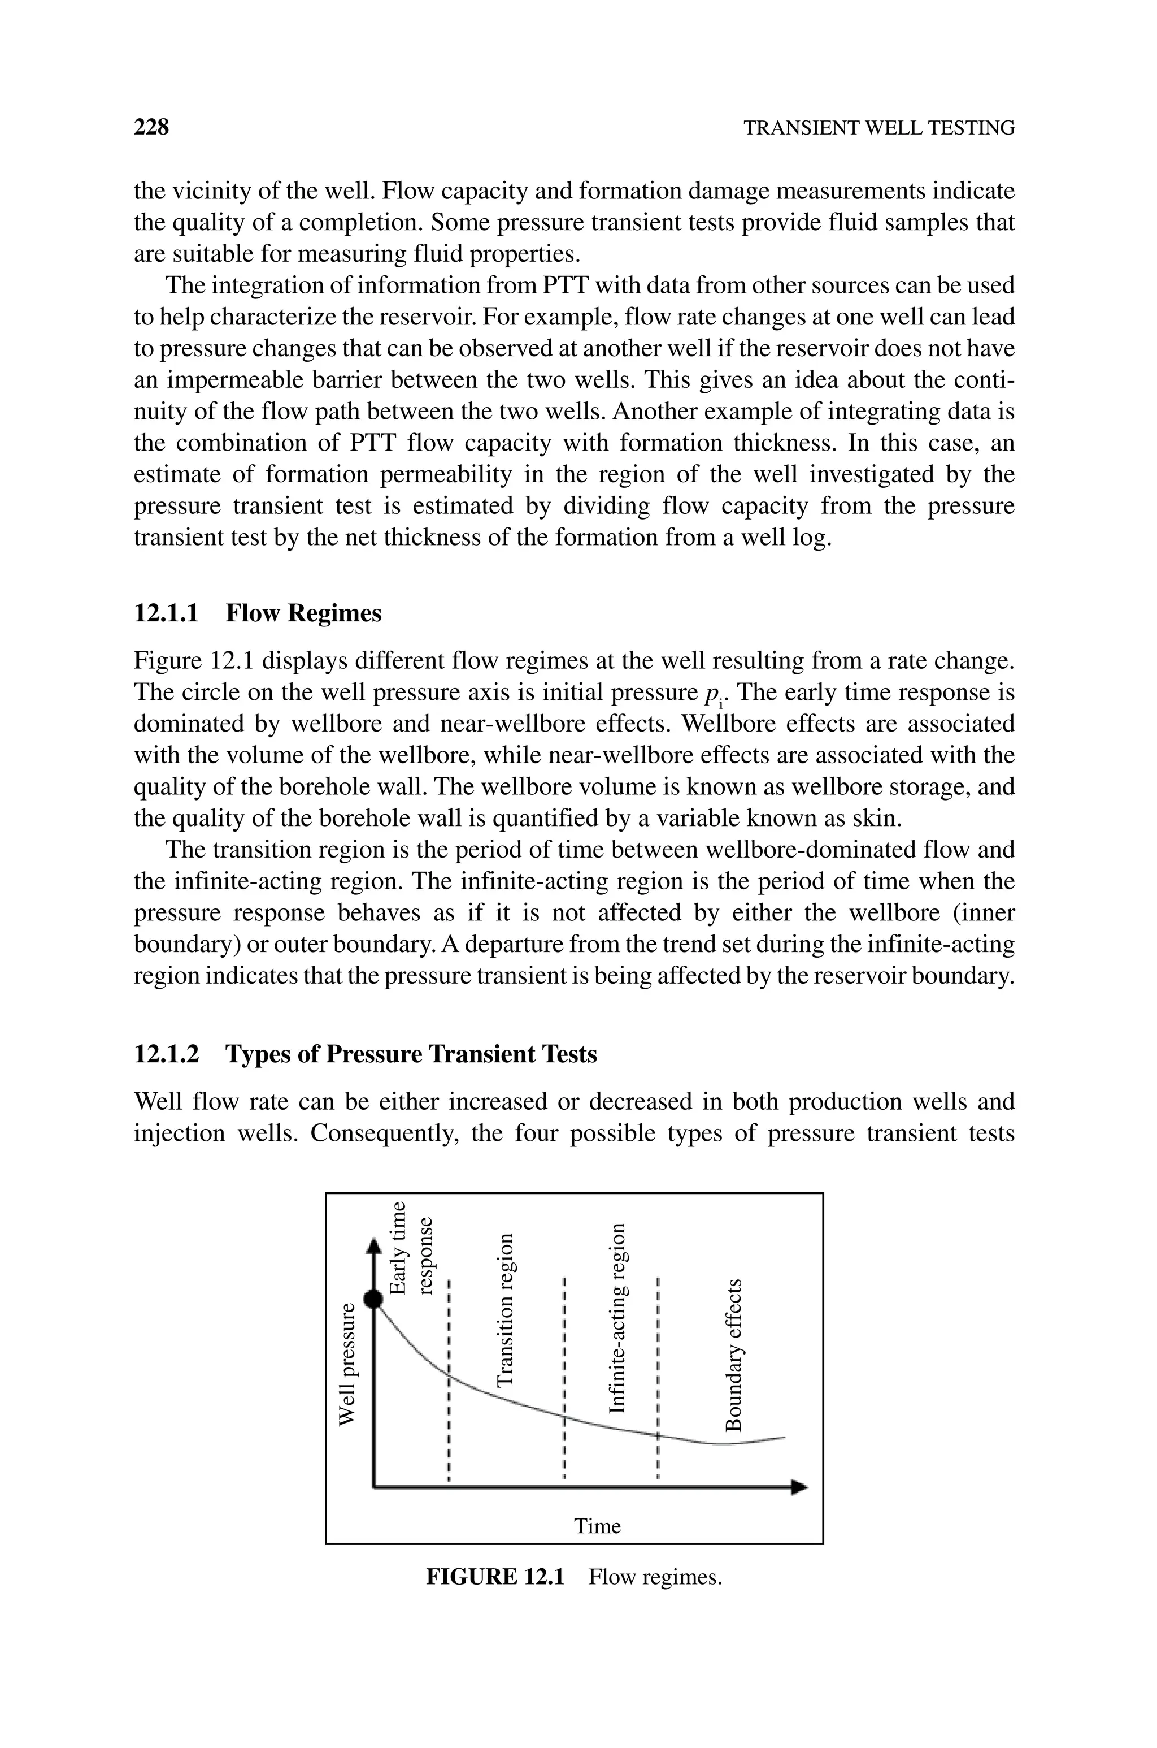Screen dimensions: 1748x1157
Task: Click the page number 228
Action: point(151,127)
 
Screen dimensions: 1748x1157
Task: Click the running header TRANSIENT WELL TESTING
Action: point(878,128)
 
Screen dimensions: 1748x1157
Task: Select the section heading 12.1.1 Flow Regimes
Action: point(258,613)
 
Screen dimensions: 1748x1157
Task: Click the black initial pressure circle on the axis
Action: point(375,1299)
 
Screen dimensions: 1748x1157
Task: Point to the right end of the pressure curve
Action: point(784,1437)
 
